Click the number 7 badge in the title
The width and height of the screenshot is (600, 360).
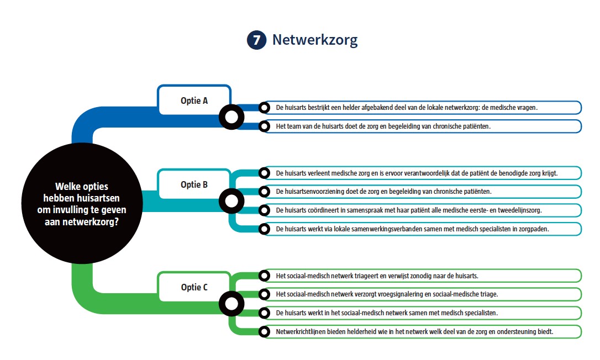click(256, 40)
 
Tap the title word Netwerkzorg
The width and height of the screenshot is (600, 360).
click(315, 40)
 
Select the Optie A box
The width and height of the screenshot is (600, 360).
click(194, 100)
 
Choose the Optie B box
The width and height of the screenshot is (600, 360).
click(194, 184)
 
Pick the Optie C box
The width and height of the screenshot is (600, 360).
click(194, 287)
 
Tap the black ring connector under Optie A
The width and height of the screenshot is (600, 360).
click(231, 117)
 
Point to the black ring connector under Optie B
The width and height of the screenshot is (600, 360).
click(231, 201)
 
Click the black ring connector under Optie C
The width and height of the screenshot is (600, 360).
click(231, 303)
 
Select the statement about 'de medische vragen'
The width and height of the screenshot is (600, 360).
click(422, 108)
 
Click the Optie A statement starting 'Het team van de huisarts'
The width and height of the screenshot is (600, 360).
click(422, 126)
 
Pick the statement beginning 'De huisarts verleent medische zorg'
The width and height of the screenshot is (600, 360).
click(422, 173)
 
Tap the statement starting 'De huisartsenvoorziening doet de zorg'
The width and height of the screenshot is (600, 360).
click(422, 192)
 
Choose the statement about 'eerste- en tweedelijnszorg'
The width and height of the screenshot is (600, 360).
click(422, 210)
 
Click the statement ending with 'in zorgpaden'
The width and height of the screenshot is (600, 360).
click(422, 229)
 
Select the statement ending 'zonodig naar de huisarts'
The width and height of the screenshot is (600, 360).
click(422, 276)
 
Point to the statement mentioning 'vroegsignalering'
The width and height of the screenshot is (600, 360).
click(422, 294)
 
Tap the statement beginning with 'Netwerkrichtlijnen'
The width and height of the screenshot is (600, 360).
click(422, 331)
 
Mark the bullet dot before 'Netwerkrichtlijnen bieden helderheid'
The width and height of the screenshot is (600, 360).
click(265, 331)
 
